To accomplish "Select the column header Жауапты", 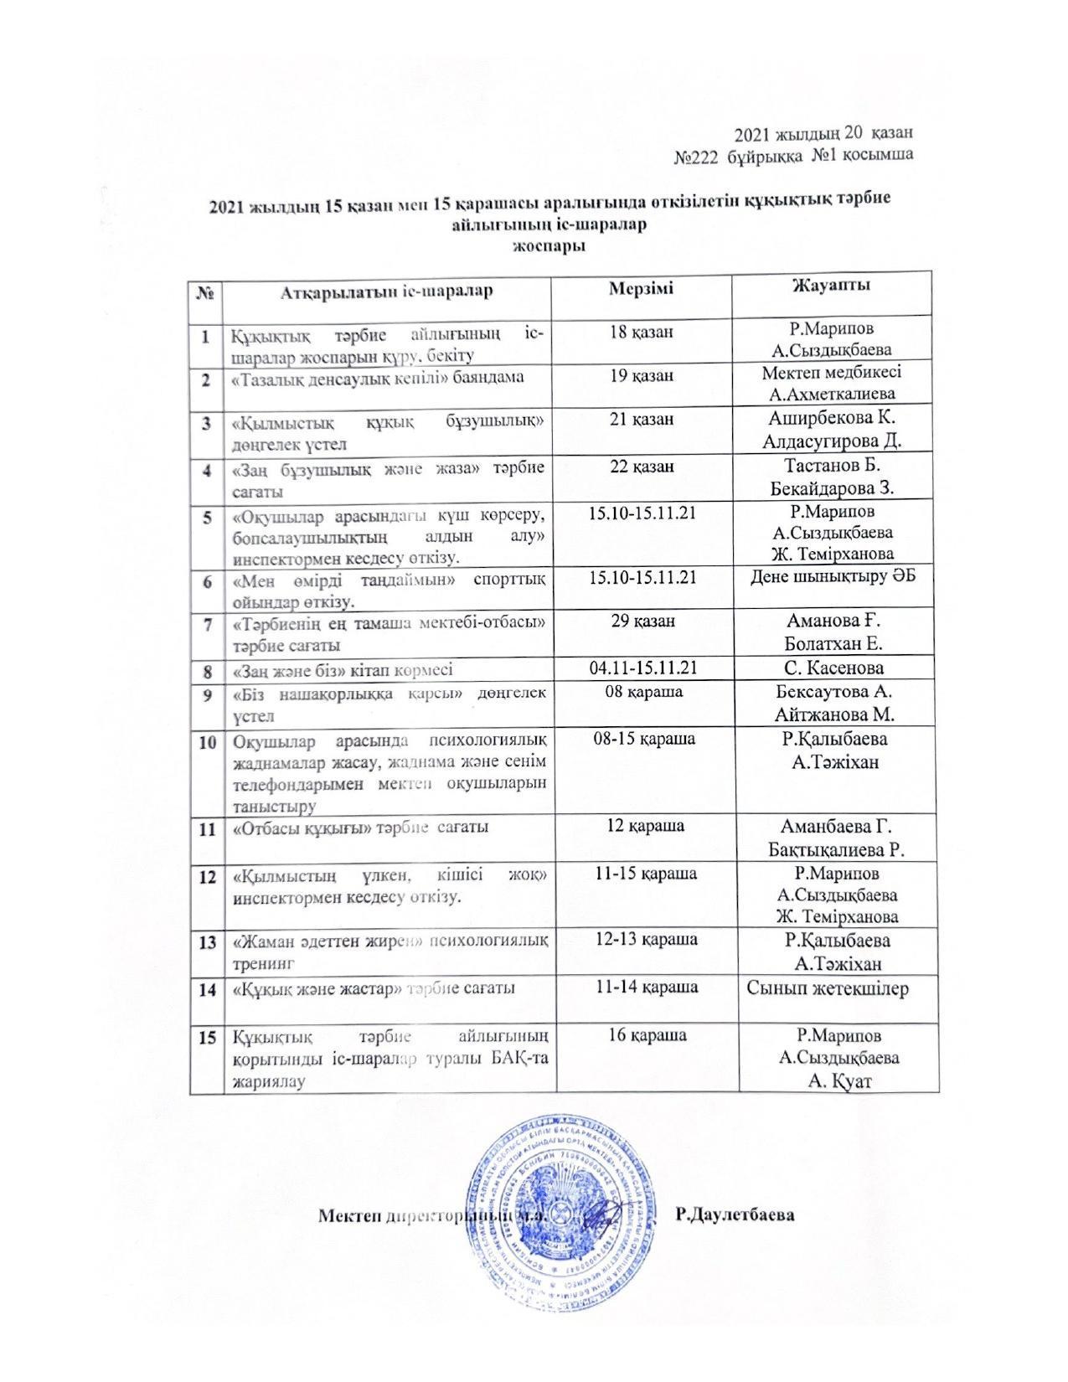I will (x=831, y=285).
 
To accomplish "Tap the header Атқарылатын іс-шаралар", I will (x=386, y=292).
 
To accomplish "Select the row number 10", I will (x=207, y=742).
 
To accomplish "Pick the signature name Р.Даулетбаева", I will (x=735, y=1214).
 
